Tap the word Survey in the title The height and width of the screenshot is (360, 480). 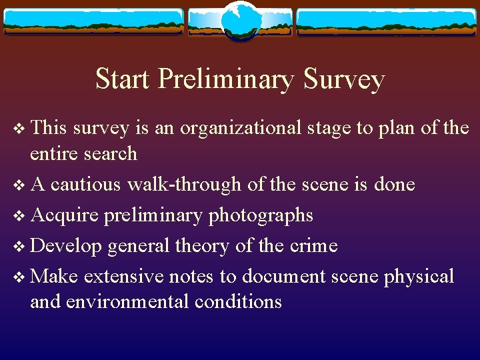[x=343, y=79]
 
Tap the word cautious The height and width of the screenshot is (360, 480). [x=86, y=184]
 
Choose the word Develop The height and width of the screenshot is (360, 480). [x=66, y=246]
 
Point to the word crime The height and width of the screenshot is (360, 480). [x=314, y=246]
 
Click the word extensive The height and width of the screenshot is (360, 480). [x=126, y=277]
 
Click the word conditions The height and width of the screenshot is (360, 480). [x=238, y=302]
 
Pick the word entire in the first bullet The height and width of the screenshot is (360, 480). [x=53, y=154]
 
